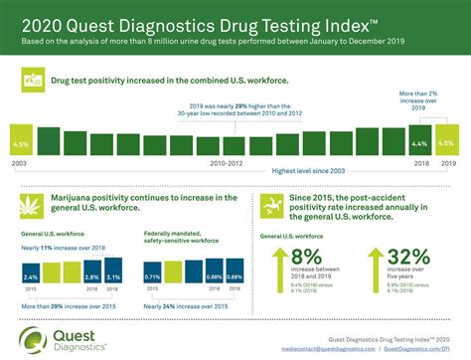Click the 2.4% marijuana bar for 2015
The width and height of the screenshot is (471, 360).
click(31, 276)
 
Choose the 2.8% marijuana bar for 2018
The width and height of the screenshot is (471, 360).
click(91, 275)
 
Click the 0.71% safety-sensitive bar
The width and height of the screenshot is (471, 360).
click(152, 276)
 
